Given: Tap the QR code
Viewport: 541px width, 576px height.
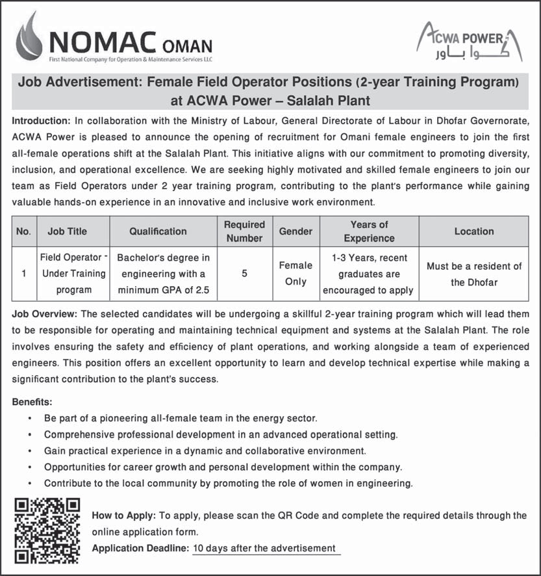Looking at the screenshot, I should click(x=47, y=530).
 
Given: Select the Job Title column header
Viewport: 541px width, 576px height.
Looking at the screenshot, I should click(x=67, y=231).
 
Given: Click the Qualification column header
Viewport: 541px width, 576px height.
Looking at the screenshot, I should click(x=158, y=231).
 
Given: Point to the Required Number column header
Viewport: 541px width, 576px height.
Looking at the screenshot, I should click(x=244, y=231).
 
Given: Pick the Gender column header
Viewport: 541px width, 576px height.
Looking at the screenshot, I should click(x=296, y=231).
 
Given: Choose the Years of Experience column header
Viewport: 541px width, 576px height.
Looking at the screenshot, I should click(x=369, y=231).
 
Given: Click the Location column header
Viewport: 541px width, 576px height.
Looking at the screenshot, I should click(x=473, y=231).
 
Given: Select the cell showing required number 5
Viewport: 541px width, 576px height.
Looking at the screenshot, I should click(x=244, y=274).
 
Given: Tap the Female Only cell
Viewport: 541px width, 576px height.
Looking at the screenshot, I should click(x=296, y=274).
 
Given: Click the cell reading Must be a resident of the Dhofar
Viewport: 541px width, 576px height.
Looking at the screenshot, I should click(x=473, y=274).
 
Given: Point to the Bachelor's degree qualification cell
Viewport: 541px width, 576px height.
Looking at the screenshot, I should click(x=163, y=274).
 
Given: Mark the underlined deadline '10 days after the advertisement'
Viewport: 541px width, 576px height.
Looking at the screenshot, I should click(x=264, y=548).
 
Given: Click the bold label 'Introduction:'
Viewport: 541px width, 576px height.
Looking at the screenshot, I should click(x=41, y=121).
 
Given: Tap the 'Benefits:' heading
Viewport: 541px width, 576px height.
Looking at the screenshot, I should click(x=32, y=402).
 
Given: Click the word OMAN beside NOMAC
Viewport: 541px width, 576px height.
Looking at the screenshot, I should click(x=188, y=46).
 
